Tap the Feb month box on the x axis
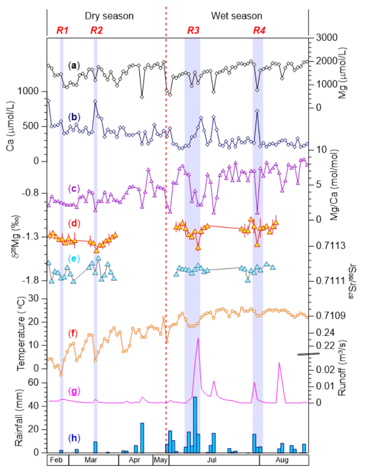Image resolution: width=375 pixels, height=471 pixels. click(57, 460)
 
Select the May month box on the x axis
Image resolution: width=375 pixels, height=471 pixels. click(161, 460)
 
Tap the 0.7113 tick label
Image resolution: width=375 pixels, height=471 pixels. click(325, 246)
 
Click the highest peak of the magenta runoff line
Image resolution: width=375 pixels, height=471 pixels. click(197, 338)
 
